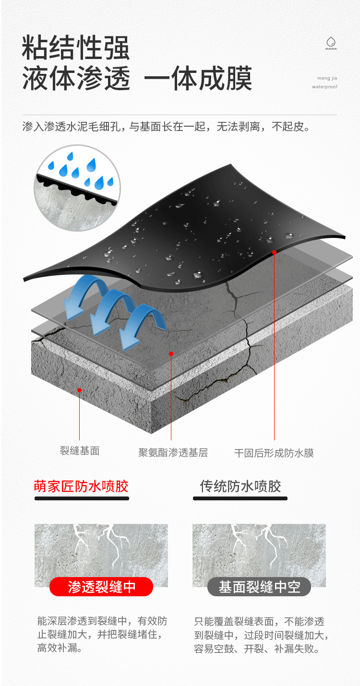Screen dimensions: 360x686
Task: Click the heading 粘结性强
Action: tap(76, 47)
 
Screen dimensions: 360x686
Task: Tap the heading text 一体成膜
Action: tap(198, 78)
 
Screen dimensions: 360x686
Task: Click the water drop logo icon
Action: tap(331, 43)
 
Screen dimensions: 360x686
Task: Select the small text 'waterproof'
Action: tap(324, 87)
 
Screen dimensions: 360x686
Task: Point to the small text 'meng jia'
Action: tap(327, 78)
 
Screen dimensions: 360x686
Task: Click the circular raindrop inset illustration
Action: tap(77, 188)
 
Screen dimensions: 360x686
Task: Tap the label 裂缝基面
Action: tap(80, 451)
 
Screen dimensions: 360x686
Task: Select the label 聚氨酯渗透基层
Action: tap(173, 453)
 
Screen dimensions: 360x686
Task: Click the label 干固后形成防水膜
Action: tap(274, 453)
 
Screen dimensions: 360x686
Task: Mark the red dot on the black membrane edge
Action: tap(274, 252)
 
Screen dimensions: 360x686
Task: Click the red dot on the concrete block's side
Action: tap(79, 390)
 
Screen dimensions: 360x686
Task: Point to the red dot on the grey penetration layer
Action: tap(171, 354)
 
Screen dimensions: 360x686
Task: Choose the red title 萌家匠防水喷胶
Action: tap(81, 486)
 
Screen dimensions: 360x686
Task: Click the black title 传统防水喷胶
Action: tap(240, 486)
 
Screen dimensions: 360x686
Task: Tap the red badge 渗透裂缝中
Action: tap(101, 587)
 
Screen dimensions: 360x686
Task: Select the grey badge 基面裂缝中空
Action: tap(259, 587)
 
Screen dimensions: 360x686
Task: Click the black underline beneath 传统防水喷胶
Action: tap(240, 498)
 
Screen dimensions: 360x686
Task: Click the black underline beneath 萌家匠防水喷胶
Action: tap(82, 498)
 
